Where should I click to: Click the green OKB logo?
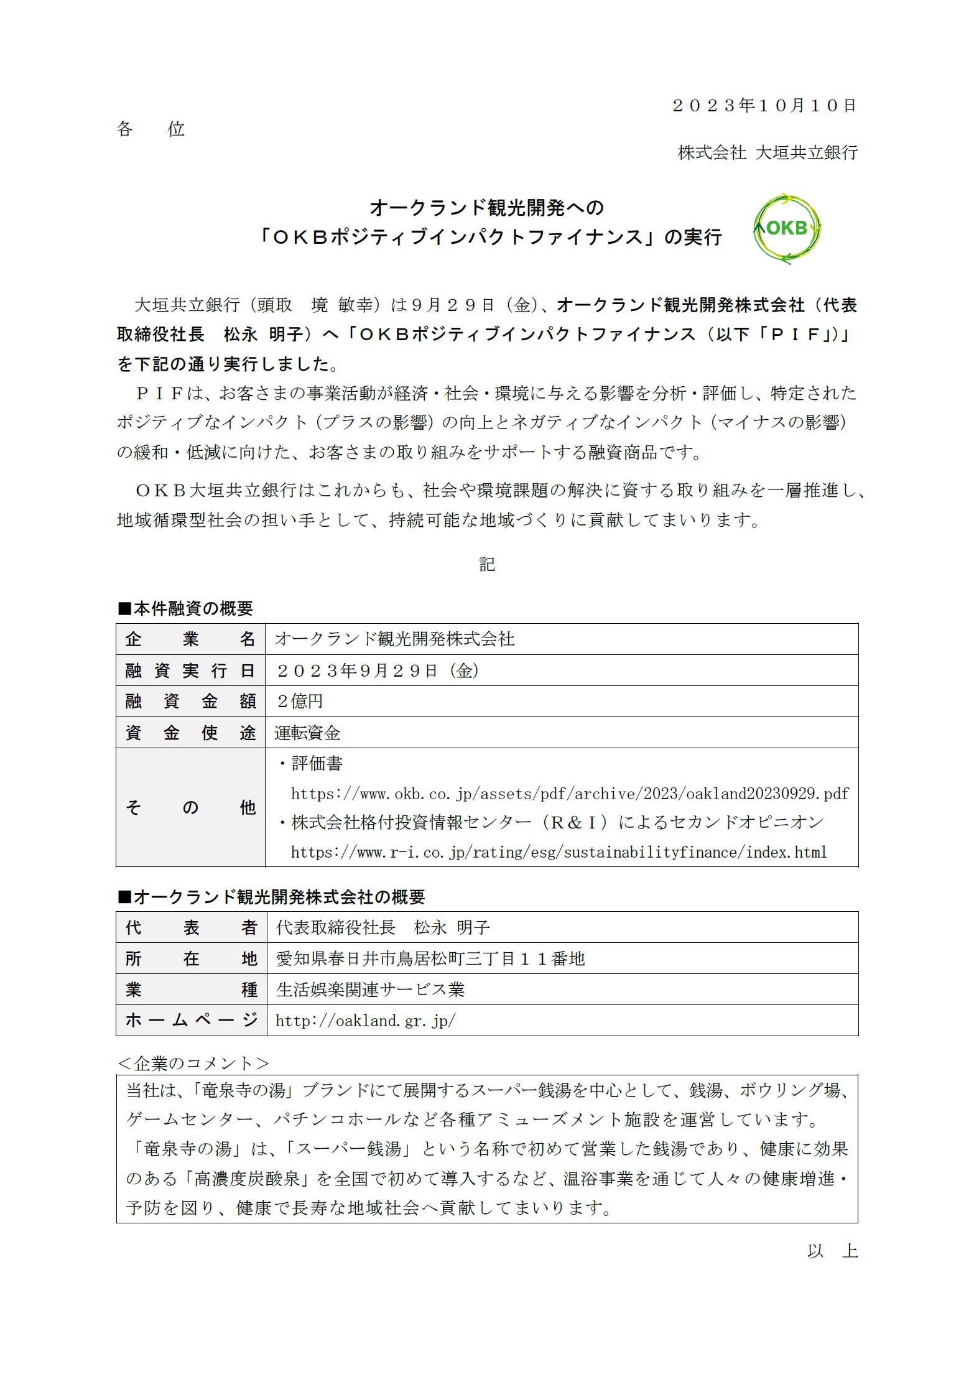pos(787,228)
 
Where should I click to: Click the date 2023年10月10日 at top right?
pos(764,105)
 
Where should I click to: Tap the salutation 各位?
pos(151,129)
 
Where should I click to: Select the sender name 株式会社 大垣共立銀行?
pos(768,152)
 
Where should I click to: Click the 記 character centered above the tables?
pos(487,564)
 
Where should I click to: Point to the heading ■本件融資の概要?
pos(185,608)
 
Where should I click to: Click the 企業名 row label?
pos(190,639)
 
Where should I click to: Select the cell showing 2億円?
pos(300,701)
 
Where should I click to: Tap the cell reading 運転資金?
pos(307,733)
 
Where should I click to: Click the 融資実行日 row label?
pos(190,670)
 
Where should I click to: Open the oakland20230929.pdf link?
pos(570,794)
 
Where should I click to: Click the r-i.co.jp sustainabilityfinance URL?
pos(559,852)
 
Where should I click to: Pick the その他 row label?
pos(190,807)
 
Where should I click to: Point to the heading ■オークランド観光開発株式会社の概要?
pos(271,897)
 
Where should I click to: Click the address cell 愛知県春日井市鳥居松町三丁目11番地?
pos(430,958)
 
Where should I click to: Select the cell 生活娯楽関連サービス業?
pos(371,990)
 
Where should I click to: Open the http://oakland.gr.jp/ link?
pos(366,1021)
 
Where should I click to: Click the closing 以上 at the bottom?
pos(832,1251)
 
